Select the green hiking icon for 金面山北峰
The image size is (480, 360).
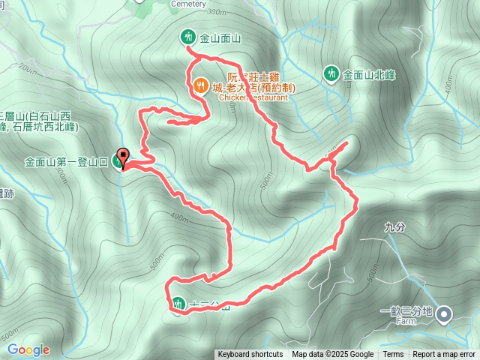click(x=331, y=73)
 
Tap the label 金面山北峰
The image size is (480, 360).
click(x=368, y=74)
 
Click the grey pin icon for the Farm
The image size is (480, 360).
click(x=445, y=314)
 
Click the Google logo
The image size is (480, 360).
click(x=28, y=349)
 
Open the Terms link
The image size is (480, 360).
click(x=393, y=355)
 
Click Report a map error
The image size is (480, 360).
click(x=444, y=355)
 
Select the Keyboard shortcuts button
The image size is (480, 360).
click(x=250, y=355)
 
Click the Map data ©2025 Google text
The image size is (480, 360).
click(x=333, y=355)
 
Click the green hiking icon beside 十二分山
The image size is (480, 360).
click(x=178, y=304)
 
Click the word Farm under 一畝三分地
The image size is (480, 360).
click(x=406, y=320)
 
